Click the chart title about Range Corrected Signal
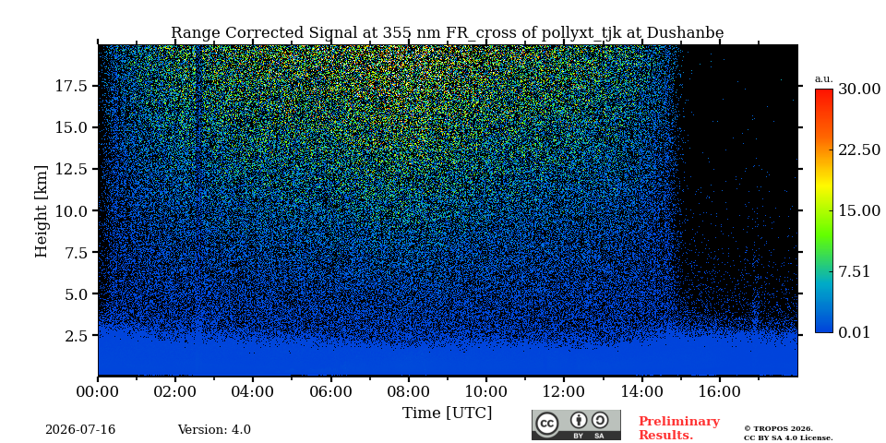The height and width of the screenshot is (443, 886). [447, 33]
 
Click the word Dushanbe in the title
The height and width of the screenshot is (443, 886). [685, 33]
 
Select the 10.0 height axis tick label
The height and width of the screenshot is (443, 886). [71, 210]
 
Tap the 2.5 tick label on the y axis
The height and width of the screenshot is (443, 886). [77, 336]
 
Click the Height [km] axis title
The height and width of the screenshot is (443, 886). [42, 210]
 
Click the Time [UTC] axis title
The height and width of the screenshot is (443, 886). [447, 413]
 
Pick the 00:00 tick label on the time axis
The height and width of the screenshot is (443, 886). [99, 391]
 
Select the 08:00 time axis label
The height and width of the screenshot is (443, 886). [408, 391]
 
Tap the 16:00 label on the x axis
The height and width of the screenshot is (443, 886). [718, 391]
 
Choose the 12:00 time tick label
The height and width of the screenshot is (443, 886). [563, 391]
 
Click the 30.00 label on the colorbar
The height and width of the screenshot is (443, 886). [859, 90]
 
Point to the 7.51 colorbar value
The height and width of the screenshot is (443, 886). [854, 271]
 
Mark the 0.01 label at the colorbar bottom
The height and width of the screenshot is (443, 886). [854, 332]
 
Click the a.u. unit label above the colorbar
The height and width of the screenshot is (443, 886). [824, 79]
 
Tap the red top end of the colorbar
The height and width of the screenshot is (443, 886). [824, 90]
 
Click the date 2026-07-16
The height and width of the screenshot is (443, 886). [80, 430]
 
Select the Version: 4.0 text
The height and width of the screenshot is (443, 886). [214, 430]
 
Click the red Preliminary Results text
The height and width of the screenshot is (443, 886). [679, 428]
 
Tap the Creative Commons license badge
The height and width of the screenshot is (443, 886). [576, 425]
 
